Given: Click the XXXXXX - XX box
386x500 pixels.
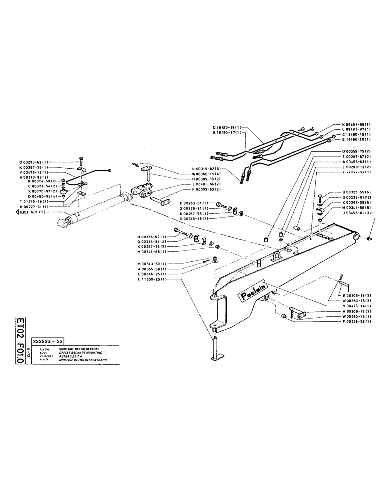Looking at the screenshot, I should (x=47, y=339).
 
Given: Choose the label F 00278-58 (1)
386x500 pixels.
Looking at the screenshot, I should (x=357, y=323).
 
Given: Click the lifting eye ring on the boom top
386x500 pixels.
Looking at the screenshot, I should (x=276, y=256).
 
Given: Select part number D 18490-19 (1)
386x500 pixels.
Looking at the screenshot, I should (x=226, y=128).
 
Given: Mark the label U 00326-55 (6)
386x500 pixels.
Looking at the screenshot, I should (x=357, y=192).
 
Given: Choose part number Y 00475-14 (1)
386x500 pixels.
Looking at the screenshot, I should (x=357, y=306).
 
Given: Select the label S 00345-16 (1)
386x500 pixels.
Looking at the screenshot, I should (x=195, y=218).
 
